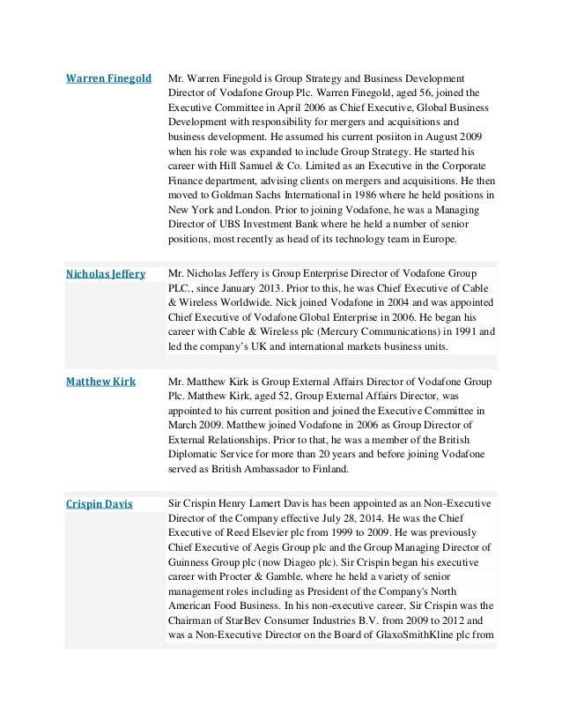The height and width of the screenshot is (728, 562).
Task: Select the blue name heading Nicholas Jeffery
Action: (x=106, y=274)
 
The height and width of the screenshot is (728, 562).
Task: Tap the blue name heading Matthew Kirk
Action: (x=99, y=382)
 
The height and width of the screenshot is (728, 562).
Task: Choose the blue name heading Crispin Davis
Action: (x=100, y=504)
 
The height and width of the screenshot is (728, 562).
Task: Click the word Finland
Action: (x=328, y=469)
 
